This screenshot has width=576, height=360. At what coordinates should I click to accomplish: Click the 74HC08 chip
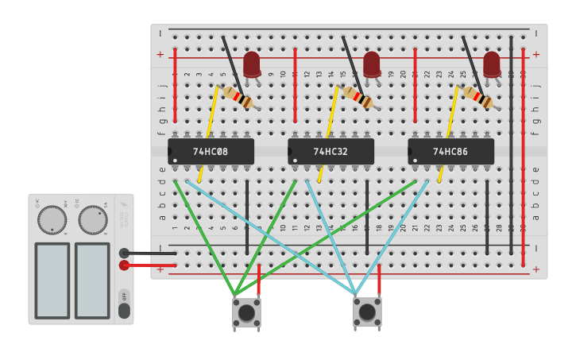pyautogui.click(x=211, y=151)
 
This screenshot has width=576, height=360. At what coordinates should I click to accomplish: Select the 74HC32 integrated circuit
pyautogui.click(x=331, y=151)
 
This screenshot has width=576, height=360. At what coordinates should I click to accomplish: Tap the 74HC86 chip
pyautogui.click(x=451, y=151)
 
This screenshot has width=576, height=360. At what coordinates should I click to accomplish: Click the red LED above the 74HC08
pyautogui.click(x=252, y=64)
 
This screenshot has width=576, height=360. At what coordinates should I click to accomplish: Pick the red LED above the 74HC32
pyautogui.click(x=372, y=64)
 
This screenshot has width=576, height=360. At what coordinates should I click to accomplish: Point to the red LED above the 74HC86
pyautogui.click(x=492, y=64)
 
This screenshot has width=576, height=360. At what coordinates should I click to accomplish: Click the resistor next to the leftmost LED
pyautogui.click(x=238, y=97)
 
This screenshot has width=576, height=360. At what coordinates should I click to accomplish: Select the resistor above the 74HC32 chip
pyautogui.click(x=358, y=97)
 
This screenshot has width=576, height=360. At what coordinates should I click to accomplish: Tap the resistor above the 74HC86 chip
pyautogui.click(x=477, y=97)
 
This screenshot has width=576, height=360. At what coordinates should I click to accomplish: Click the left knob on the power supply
pyautogui.click(x=52, y=220)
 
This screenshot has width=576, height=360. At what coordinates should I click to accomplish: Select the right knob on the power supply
pyautogui.click(x=93, y=220)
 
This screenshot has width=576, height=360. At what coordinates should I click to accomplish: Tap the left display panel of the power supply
pyautogui.click(x=52, y=280)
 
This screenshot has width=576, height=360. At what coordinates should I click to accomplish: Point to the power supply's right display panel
pyautogui.click(x=92, y=280)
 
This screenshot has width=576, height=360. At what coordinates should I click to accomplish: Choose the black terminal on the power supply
pyautogui.click(x=124, y=254)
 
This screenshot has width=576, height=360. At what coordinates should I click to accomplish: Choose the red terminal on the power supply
pyautogui.click(x=124, y=265)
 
